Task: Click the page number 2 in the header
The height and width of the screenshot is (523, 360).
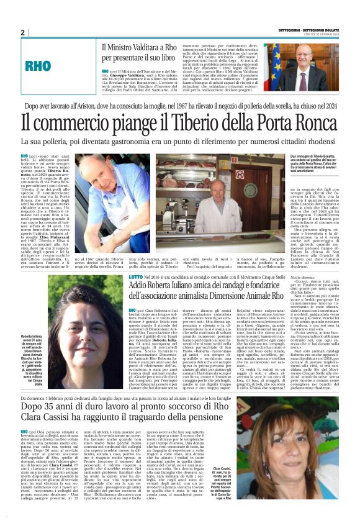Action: [x=23, y=32]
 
